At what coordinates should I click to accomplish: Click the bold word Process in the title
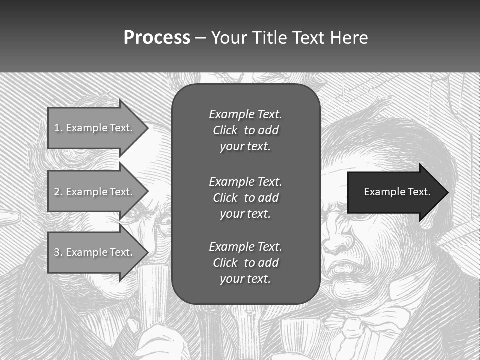157,38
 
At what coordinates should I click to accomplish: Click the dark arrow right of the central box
395,192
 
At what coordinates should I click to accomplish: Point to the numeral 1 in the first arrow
56,128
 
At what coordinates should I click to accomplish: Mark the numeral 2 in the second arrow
57,192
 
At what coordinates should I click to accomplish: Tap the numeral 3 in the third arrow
57,252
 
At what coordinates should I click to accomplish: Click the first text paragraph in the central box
245,130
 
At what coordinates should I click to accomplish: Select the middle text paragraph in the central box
245,198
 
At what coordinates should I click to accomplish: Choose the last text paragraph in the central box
245,263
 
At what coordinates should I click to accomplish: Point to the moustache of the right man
350,270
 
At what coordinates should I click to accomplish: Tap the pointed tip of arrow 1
147,128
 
